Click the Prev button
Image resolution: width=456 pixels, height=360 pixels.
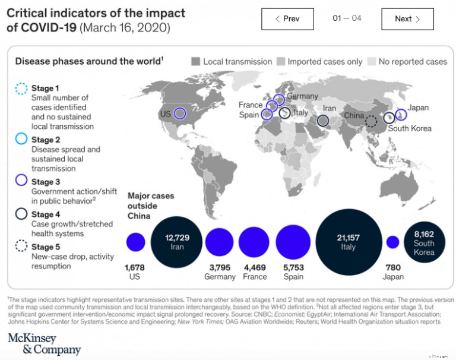point(287,19)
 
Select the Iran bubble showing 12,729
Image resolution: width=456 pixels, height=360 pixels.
point(177,242)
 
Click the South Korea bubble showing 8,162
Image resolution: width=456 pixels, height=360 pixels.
point(424,243)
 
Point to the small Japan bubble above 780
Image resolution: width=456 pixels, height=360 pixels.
point(392,242)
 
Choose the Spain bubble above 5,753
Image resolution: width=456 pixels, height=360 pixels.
point(293,242)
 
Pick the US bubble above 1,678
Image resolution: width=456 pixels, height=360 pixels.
point(136,242)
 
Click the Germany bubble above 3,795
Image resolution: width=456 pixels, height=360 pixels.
point(220,242)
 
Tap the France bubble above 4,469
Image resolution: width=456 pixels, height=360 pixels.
point(254,242)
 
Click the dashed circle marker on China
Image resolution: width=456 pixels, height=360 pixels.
point(371,122)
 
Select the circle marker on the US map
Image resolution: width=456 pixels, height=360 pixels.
point(180,113)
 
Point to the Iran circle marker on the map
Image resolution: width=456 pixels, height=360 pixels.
point(323,121)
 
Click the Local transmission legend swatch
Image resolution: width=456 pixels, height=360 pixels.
point(195,61)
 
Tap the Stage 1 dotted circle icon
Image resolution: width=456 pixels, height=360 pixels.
point(21,89)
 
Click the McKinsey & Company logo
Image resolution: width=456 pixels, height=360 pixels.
point(44,343)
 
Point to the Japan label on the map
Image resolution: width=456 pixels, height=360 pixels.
point(418,108)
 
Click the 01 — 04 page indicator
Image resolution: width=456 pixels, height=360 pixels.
point(347,18)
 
